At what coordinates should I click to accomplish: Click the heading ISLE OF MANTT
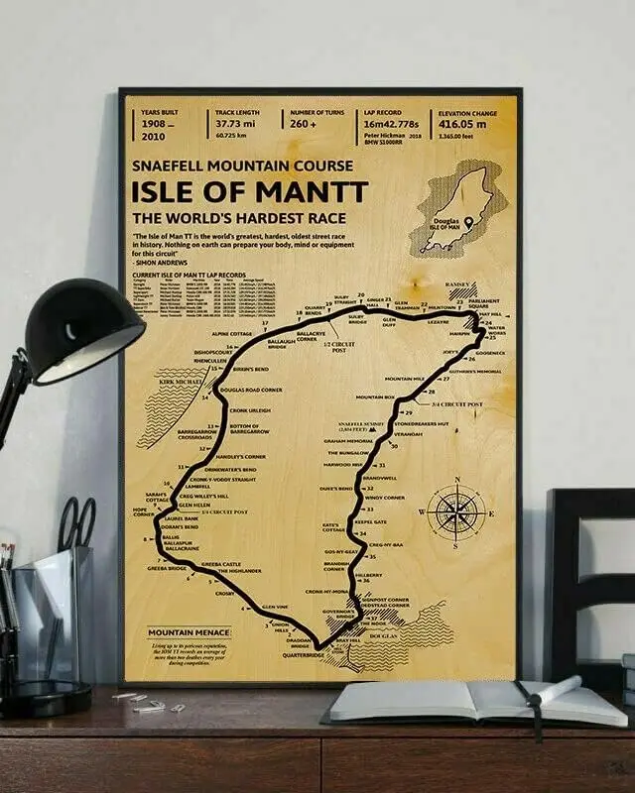coord(249,191)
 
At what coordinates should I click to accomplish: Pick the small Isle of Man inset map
coord(459,209)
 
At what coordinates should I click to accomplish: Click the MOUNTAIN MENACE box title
coord(189,631)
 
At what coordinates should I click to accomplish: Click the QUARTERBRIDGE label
coord(304,655)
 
